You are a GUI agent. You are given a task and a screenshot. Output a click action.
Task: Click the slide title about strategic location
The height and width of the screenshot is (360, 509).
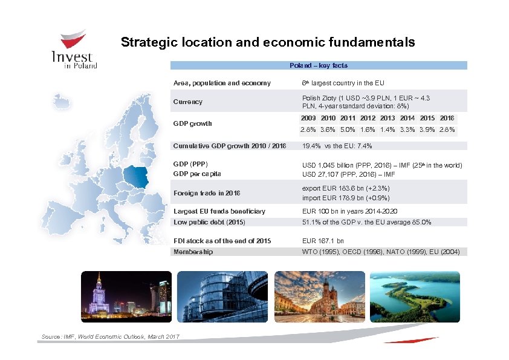click(x=268, y=42)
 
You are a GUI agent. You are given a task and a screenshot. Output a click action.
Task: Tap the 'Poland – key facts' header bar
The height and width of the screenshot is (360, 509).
click(x=319, y=65)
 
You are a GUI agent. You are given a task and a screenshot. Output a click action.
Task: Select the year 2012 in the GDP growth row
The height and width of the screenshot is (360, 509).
click(x=368, y=118)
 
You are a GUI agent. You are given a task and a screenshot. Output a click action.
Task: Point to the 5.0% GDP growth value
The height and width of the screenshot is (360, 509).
click(x=348, y=129)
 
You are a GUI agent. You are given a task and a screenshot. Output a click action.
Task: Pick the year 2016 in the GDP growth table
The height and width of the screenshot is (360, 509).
click(x=447, y=118)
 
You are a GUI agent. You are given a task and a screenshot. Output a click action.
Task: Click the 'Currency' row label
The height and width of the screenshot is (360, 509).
click(x=188, y=102)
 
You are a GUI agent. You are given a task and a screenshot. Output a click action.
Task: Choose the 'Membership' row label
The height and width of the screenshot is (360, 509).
click(x=193, y=252)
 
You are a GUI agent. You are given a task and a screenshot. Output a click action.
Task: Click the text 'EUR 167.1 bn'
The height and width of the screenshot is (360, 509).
click(x=323, y=241)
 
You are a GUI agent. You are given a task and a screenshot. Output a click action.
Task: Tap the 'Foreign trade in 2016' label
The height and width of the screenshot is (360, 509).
click(x=207, y=193)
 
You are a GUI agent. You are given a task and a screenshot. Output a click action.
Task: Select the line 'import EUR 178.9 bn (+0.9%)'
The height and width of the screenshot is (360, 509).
click(x=346, y=198)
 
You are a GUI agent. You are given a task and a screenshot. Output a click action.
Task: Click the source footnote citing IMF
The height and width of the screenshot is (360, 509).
click(x=110, y=336)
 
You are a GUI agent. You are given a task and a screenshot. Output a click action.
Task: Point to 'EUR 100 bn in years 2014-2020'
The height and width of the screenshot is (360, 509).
click(x=349, y=212)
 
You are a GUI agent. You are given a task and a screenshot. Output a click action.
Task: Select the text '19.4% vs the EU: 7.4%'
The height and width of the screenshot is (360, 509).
click(x=337, y=146)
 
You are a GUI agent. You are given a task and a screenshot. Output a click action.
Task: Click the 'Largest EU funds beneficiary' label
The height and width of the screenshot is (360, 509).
click(x=219, y=212)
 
